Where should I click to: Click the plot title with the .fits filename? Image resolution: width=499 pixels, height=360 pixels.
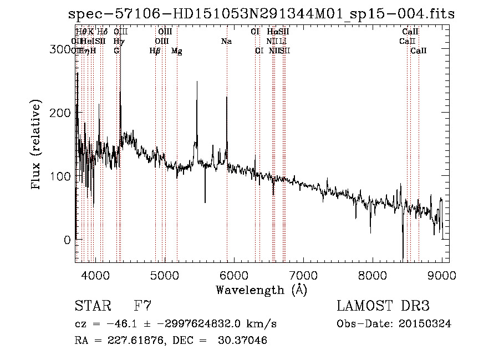[x=261, y=14]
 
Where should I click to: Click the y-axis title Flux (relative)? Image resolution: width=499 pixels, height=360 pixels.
[x=37, y=145]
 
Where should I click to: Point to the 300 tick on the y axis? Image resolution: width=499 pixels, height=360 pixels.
[x=58, y=49]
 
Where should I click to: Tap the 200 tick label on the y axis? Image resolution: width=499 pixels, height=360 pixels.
[x=58, y=113]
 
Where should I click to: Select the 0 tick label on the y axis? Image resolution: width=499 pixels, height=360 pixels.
[x=66, y=240]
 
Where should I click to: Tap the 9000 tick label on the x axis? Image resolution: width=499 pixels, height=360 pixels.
[x=442, y=275]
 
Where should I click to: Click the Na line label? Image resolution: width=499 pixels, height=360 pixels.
[x=226, y=41]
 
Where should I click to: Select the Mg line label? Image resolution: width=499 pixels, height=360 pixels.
[x=176, y=51]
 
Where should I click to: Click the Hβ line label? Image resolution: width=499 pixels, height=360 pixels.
[x=155, y=51]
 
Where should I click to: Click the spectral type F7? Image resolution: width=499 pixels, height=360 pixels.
[x=142, y=306]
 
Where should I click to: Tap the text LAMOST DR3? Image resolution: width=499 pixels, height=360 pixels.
[x=383, y=306]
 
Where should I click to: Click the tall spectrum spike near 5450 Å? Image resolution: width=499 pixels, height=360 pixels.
[x=197, y=83]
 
